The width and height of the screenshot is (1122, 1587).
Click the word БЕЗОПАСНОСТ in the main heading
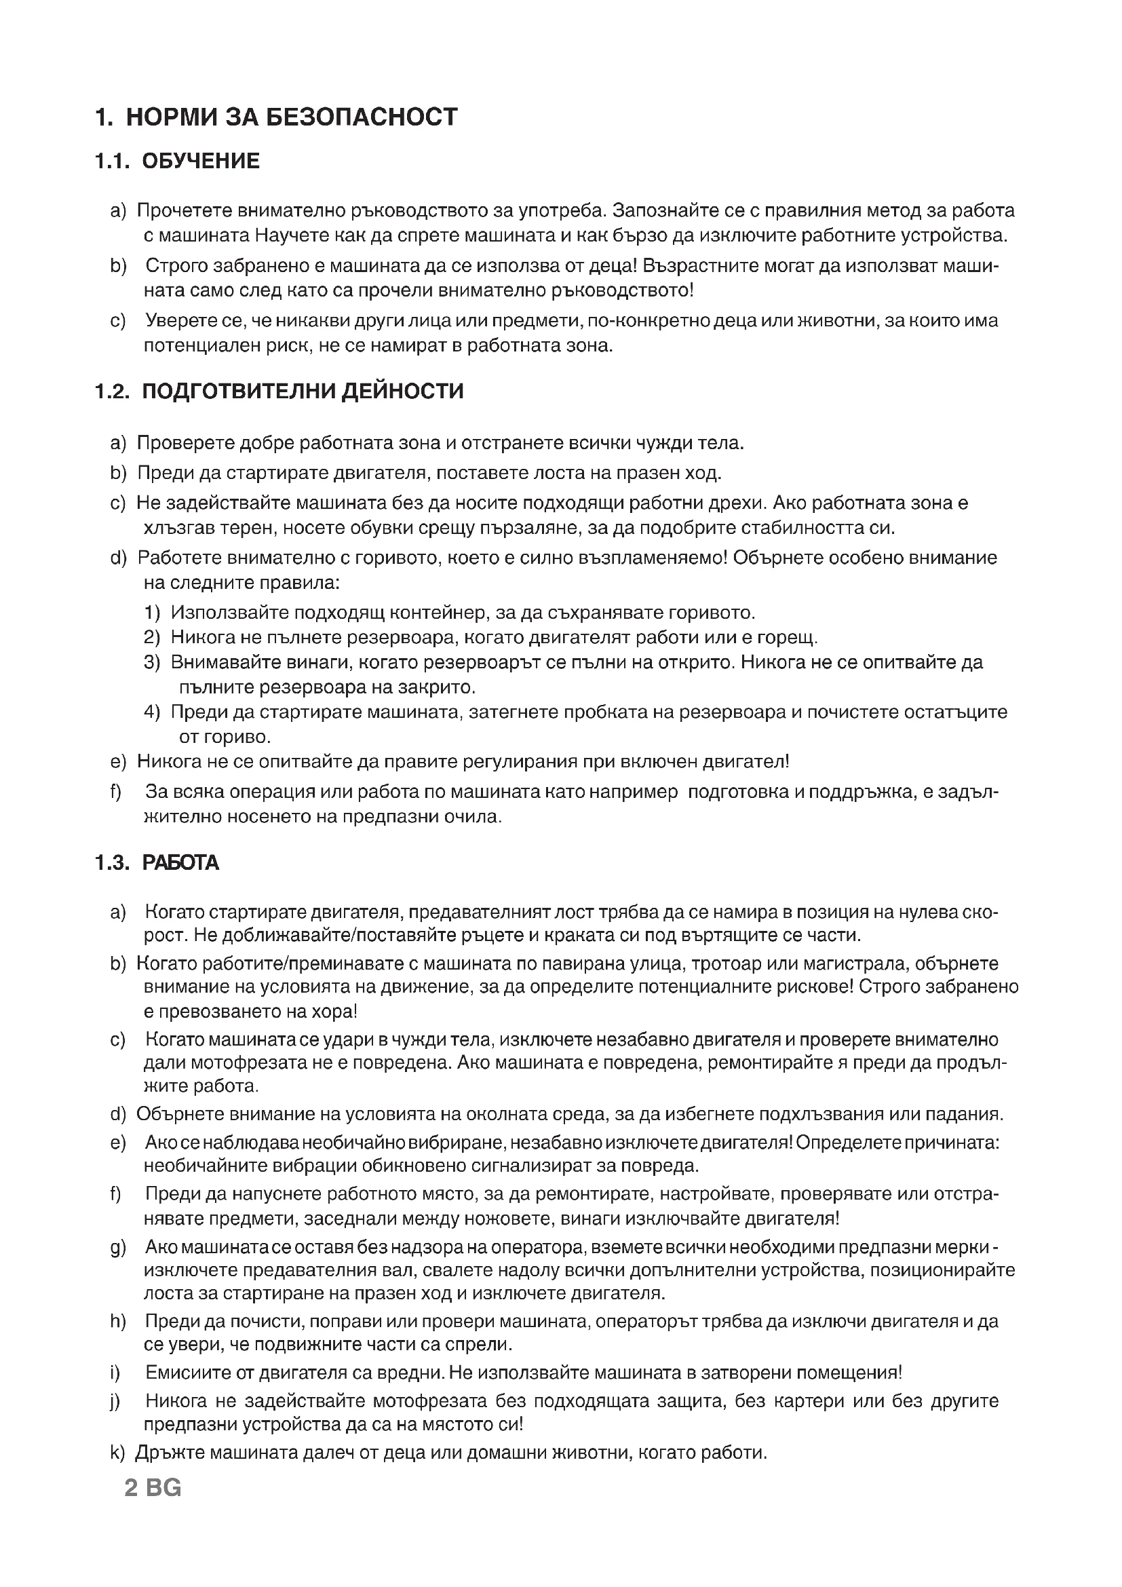click(362, 117)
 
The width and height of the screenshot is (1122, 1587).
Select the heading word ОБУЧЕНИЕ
click(201, 161)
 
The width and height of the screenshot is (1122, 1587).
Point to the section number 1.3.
click(112, 862)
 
